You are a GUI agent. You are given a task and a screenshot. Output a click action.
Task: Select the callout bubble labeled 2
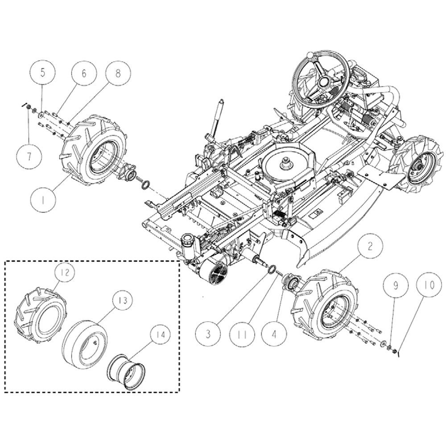pos(370,246)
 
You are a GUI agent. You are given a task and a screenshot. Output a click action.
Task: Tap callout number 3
pos(208,334)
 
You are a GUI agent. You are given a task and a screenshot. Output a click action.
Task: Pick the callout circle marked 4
pos(274,334)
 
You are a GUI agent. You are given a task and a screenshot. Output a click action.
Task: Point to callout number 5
pos(42,73)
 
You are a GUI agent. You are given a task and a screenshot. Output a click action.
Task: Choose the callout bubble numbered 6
pos(84,73)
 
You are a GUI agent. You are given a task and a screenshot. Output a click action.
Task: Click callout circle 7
pos(29,156)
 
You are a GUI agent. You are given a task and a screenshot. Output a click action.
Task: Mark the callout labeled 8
pos(118,73)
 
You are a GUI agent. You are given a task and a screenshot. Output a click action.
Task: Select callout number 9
pos(396,285)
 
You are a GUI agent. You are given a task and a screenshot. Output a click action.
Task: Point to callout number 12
pos(65,273)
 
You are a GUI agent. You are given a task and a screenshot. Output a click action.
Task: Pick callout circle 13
pos(123,300)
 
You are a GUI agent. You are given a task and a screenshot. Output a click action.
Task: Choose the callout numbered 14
pos(161,335)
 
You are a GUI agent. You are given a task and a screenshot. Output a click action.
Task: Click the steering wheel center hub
pos(323,83)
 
